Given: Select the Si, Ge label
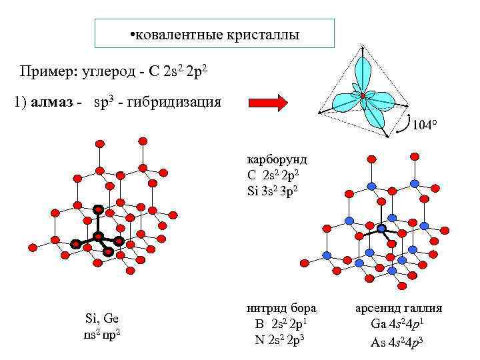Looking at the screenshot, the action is tap(101, 317).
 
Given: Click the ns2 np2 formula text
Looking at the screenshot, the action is tap(101, 331).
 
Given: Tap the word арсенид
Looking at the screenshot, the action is tap(377, 309).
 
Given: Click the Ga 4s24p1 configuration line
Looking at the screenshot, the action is tap(397, 325).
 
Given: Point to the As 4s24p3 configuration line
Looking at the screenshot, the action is tap(397, 343).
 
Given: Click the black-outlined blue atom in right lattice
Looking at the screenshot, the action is tap(382, 229).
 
